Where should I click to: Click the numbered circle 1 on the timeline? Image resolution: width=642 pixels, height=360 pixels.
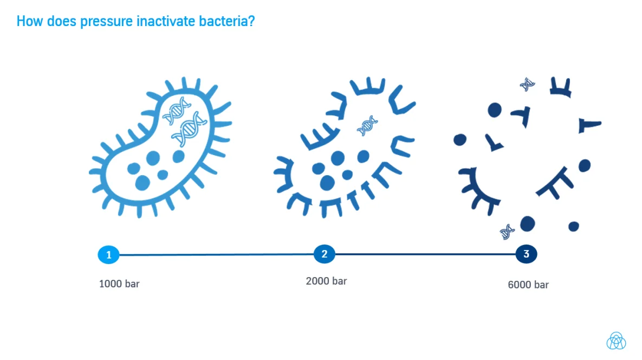tap(108, 255)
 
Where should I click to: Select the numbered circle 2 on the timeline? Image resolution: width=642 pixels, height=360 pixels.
tap(325, 254)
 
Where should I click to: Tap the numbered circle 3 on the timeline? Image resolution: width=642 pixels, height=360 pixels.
tap(526, 254)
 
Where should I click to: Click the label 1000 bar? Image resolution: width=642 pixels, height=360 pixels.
tap(119, 284)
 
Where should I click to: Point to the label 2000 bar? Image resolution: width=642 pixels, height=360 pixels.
tap(326, 281)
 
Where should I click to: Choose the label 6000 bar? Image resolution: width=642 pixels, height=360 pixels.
tap(528, 285)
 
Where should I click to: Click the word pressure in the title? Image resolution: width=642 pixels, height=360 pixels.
tap(106, 22)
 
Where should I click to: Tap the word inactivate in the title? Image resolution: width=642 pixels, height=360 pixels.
tap(166, 21)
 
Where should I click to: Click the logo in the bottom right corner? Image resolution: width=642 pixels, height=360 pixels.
tap(616, 340)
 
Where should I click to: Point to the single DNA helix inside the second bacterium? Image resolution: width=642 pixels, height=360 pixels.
tap(367, 125)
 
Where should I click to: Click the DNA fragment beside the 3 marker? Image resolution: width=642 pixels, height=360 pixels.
tap(507, 232)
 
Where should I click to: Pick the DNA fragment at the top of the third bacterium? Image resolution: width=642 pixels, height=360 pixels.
tap(527, 85)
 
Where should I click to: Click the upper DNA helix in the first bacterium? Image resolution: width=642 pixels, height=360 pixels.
tap(177, 111)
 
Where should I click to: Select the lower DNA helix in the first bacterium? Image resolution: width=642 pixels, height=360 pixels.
tap(189, 129)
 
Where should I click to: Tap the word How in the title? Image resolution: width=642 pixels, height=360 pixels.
tap(30, 21)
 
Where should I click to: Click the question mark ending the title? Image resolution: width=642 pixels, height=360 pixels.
tap(251, 21)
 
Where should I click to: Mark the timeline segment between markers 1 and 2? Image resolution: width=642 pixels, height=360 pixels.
tap(216, 255)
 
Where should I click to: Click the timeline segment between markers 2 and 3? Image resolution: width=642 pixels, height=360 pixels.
tap(425, 254)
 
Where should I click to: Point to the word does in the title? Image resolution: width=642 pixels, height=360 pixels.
tap(61, 21)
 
